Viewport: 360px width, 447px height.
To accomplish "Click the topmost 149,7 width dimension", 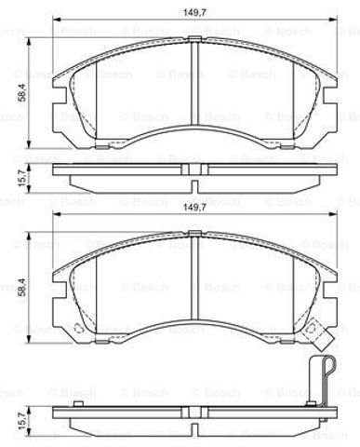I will (x=193, y=13).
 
